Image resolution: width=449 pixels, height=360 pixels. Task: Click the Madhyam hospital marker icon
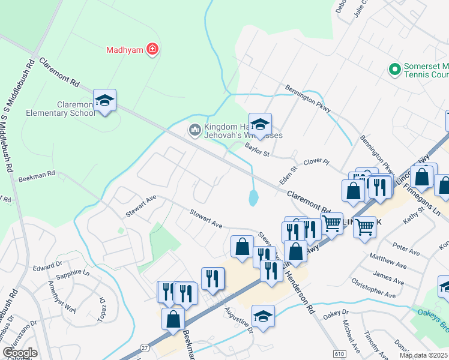click(x=152, y=50)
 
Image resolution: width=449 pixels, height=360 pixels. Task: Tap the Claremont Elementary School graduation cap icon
click(x=104, y=100)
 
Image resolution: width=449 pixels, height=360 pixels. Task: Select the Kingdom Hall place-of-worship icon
click(x=194, y=130)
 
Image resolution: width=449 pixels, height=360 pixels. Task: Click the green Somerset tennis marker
click(x=394, y=70)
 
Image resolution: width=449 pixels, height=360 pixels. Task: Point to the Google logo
click(x=19, y=352)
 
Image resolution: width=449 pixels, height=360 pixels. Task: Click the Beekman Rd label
click(x=37, y=174)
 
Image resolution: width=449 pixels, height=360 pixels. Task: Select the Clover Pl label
click(x=316, y=162)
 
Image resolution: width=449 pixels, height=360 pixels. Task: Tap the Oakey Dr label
click(x=336, y=313)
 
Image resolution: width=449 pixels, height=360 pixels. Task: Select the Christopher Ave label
click(x=373, y=287)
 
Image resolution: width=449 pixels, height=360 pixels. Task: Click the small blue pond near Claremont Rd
click(x=253, y=197)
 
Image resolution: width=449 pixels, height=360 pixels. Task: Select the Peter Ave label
click(x=405, y=248)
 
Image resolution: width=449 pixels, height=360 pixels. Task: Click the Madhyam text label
click(x=124, y=50)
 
